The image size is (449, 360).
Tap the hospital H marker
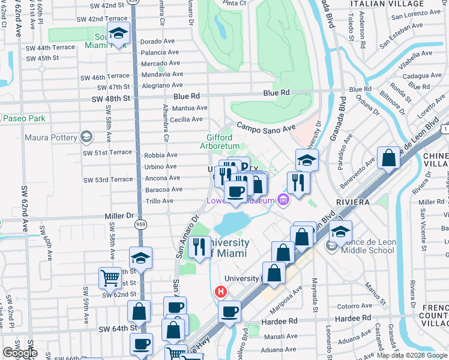220,292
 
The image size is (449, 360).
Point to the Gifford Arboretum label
219,142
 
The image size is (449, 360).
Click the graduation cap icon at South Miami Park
118,34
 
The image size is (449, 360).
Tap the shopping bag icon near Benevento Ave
389,159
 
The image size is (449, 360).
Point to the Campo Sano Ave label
266,127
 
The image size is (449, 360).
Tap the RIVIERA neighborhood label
353,202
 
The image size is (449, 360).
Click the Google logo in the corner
20,353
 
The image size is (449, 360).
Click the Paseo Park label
25,119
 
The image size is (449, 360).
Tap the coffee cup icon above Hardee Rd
229,311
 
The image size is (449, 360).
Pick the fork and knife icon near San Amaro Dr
199,247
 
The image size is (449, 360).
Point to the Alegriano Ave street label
162,85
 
